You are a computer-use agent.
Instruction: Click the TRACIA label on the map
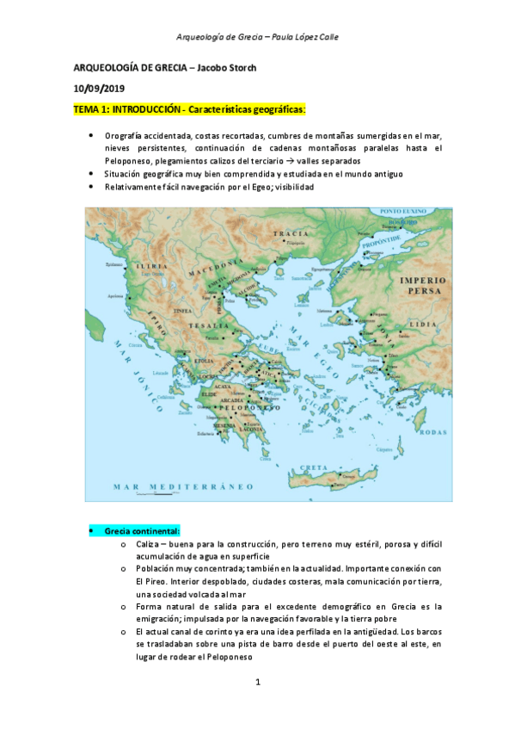291,233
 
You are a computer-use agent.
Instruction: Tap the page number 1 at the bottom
258,683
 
